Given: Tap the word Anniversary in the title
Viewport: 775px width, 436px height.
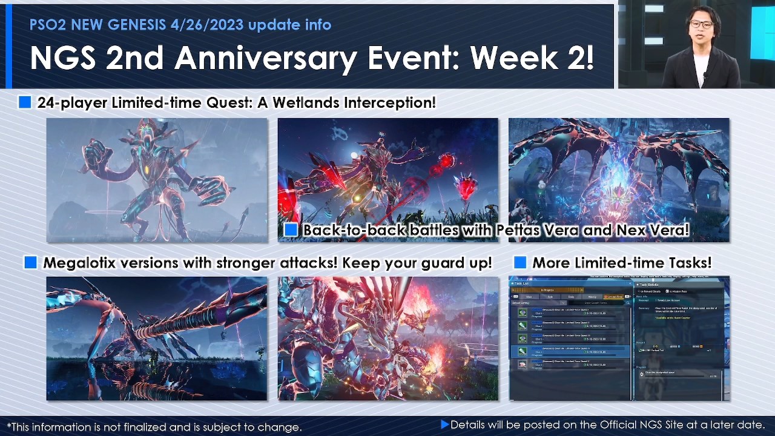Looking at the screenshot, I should (x=291, y=58).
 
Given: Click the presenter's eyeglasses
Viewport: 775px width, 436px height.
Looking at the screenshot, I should (x=701, y=24).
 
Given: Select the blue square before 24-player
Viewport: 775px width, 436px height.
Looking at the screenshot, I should (x=25, y=102).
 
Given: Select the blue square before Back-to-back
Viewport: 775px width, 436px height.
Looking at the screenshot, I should (x=291, y=230).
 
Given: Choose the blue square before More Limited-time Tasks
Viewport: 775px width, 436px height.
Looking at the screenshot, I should (x=519, y=263).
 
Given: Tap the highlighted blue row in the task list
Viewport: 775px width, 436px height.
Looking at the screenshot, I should (x=569, y=351).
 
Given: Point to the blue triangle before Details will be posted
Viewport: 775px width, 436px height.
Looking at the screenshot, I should (x=445, y=424).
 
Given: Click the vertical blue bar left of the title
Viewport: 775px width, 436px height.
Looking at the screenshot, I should (x=8, y=46).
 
